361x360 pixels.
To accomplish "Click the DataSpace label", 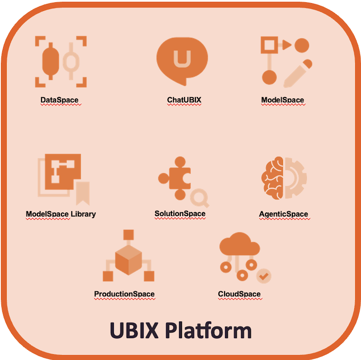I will (x=59, y=100).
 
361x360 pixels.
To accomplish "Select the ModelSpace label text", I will (x=282, y=100).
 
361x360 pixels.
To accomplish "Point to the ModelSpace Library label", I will (x=61, y=214).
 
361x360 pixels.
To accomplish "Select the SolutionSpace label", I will (x=180, y=214).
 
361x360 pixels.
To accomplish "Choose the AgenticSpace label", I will (x=283, y=214).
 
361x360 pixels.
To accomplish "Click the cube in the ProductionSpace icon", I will (x=129, y=260).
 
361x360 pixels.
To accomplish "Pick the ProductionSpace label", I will (x=125, y=294).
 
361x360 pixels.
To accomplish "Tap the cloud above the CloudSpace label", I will (x=239, y=246).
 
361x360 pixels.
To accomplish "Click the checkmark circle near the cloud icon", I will (x=264, y=275).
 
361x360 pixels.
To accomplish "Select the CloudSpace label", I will (x=239, y=294).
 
